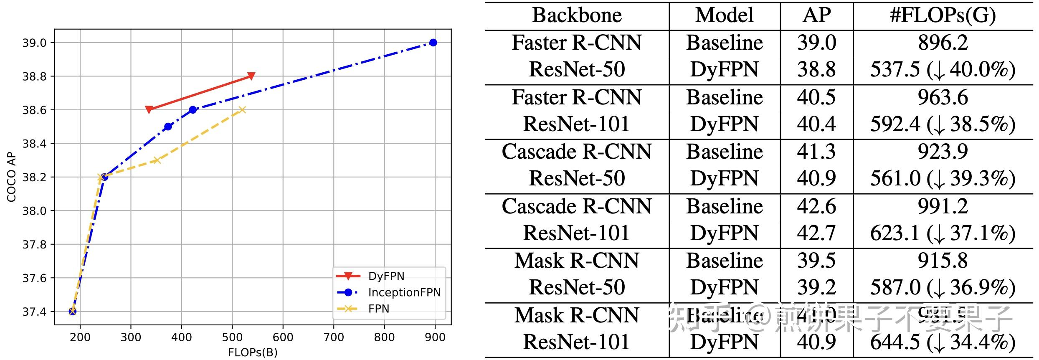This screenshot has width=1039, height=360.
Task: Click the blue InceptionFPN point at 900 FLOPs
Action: tap(433, 43)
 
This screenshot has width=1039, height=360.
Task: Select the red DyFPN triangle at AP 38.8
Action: tap(251, 76)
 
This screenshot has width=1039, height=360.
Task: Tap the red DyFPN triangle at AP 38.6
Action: tap(149, 109)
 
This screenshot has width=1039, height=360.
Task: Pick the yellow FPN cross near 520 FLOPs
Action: tap(242, 110)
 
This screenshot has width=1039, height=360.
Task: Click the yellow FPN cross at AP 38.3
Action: tap(157, 160)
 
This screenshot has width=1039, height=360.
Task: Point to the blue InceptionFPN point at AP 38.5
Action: tap(168, 127)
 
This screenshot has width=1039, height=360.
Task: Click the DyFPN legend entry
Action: tap(386, 276)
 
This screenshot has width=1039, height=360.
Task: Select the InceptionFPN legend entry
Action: tap(404, 292)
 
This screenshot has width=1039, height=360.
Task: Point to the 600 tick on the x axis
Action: tap(283, 337)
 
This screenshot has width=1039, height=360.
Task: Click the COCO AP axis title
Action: tap(11, 177)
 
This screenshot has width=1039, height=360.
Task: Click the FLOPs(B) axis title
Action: tap(253, 352)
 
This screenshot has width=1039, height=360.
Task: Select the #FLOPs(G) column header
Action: tap(943, 15)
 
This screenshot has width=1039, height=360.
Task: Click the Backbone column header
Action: tap(577, 15)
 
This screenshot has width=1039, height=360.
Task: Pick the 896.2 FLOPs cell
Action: tap(943, 43)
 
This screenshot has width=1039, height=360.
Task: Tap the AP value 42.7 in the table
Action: tap(816, 233)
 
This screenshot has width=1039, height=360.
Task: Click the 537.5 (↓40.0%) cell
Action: tap(943, 70)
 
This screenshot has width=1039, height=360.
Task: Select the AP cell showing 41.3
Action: tap(816, 152)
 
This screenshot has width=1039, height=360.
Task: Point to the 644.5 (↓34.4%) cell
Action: tap(943, 342)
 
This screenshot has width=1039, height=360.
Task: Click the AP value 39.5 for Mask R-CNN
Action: tap(816, 261)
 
